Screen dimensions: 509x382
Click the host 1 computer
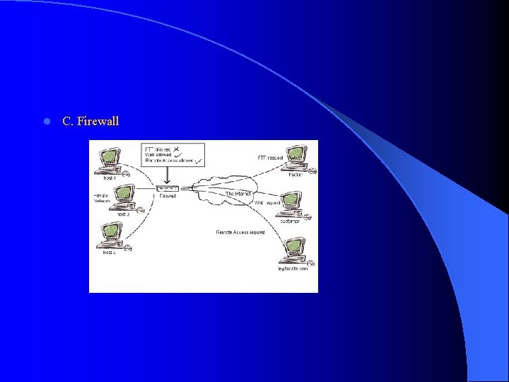110,160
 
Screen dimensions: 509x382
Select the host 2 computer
123,195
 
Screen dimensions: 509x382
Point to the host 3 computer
110,234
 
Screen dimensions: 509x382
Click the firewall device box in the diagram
167,187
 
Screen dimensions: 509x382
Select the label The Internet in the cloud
239,193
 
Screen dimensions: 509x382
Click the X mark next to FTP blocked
177,149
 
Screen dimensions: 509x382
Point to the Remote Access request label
240,232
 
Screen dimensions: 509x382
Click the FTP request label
271,156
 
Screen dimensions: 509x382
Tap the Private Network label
101,198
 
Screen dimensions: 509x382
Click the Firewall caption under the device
168,197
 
